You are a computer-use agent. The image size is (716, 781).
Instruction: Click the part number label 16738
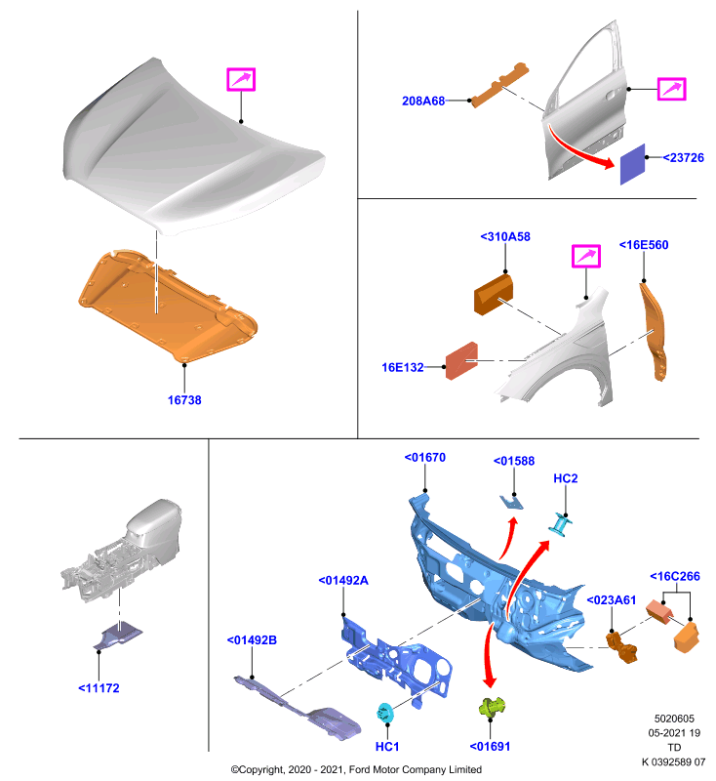(184, 400)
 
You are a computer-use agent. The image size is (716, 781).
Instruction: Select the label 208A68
(423, 101)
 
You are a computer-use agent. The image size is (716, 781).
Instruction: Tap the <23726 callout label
(683, 157)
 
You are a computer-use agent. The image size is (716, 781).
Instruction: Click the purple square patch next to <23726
(632, 164)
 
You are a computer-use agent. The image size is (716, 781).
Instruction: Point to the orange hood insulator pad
(169, 307)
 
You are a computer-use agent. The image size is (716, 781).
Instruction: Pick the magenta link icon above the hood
(241, 80)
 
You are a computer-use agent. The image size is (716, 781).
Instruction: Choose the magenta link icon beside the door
(672, 89)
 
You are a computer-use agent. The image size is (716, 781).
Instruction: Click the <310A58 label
(505, 236)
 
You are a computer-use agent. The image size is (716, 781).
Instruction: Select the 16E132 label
(403, 367)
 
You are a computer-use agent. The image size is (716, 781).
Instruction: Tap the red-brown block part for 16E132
(461, 360)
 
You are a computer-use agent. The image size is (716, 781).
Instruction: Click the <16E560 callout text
(644, 245)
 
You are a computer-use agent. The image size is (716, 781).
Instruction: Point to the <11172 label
(99, 688)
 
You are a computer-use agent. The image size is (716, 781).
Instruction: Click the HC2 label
(565, 478)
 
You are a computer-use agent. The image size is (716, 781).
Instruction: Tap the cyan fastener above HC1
(385, 713)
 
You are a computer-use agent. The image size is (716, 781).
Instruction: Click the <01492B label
(252, 640)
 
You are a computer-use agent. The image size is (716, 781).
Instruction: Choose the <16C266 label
(675, 576)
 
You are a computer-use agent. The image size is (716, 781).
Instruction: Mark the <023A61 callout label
(612, 600)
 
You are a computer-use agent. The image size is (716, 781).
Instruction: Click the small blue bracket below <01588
(511, 503)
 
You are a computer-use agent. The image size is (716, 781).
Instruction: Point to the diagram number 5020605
(674, 719)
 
